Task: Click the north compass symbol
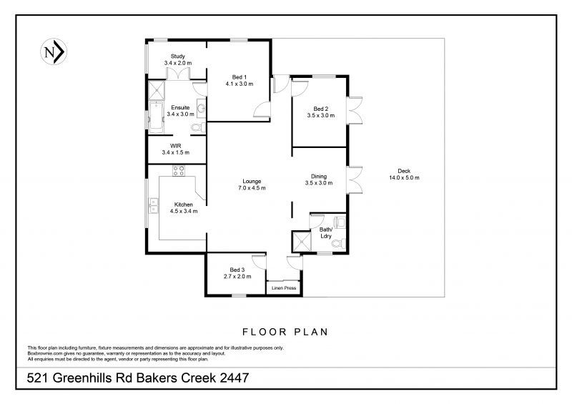point(54,51)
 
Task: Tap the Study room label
point(177,56)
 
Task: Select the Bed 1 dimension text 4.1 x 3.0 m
point(240,84)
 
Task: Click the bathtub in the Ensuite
point(156,117)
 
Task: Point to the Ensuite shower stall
point(156,90)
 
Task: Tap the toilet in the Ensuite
point(199,128)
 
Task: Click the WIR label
point(175,146)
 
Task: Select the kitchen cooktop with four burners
point(178,171)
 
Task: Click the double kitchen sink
point(154,205)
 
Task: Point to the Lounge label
point(252,182)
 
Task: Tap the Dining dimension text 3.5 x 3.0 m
point(319,183)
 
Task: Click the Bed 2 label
point(320,109)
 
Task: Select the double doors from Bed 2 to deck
point(355,111)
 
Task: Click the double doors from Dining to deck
point(355,180)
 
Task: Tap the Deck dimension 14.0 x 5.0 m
point(404,178)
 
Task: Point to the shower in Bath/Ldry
point(302,241)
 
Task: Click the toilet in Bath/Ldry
point(338,243)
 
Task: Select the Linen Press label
point(284,288)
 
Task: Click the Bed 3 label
point(237,270)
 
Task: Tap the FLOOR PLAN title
point(285,332)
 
